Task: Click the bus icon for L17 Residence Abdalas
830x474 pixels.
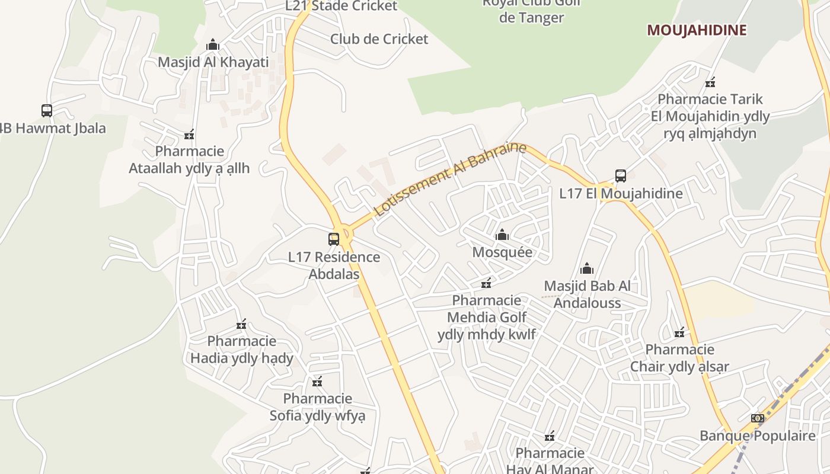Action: click(x=334, y=239)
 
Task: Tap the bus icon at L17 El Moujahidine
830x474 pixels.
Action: click(x=621, y=176)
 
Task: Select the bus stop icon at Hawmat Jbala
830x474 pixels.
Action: click(x=47, y=111)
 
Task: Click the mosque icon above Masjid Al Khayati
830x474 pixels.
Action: click(x=213, y=45)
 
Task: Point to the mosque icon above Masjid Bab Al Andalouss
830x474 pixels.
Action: click(x=587, y=269)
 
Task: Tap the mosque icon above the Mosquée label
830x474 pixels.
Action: click(x=502, y=235)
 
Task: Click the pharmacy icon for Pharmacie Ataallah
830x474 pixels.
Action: click(x=189, y=135)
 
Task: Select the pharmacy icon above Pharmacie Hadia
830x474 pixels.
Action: click(x=241, y=324)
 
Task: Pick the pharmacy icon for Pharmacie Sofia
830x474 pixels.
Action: click(x=317, y=382)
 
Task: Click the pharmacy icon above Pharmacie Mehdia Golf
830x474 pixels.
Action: click(x=486, y=283)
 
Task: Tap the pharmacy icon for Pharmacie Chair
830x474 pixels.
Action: click(x=679, y=333)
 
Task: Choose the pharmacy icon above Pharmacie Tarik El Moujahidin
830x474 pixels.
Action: click(x=710, y=82)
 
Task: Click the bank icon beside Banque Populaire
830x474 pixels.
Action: click(x=757, y=418)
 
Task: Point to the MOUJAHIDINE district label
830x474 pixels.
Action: click(x=696, y=30)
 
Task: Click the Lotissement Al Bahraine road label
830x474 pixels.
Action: click(x=450, y=178)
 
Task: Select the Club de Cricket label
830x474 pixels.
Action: click(x=379, y=39)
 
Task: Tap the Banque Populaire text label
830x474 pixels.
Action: click(x=758, y=436)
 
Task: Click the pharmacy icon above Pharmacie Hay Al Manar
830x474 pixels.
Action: click(x=550, y=437)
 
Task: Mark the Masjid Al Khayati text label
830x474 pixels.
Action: click(x=213, y=62)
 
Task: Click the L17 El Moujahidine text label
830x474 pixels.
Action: click(x=621, y=194)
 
